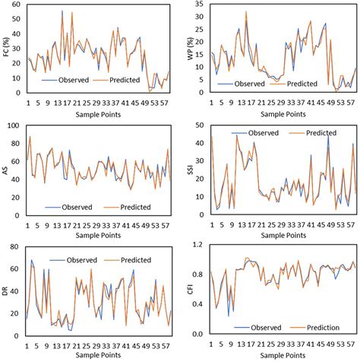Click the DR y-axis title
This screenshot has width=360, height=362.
tap(8, 287)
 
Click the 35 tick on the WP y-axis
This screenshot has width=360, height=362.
tap(201, 4)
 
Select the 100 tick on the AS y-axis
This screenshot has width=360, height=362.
tap(17, 124)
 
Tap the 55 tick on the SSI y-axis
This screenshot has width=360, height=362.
tap(201, 124)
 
